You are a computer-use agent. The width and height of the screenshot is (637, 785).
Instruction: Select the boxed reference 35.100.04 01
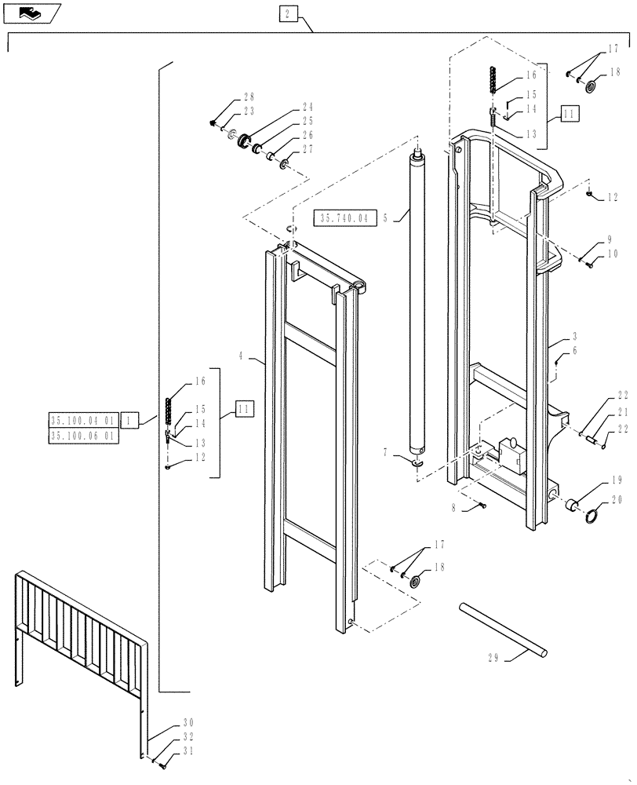pos(82,421)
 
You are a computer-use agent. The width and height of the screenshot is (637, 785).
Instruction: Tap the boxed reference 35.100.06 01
pos(82,436)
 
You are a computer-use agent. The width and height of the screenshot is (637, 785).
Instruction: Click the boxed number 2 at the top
pos(288,14)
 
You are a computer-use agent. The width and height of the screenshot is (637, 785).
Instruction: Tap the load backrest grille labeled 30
pos(78,628)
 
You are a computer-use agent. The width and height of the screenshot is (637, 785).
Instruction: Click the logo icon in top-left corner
pos(29,12)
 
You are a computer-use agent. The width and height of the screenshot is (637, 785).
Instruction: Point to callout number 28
pos(249,97)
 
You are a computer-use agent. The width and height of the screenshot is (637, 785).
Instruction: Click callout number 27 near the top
pos(308,149)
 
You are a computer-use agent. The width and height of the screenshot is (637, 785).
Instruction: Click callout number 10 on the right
pos(612,254)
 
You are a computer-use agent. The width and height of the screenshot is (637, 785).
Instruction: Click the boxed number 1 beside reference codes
pos(129,421)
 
